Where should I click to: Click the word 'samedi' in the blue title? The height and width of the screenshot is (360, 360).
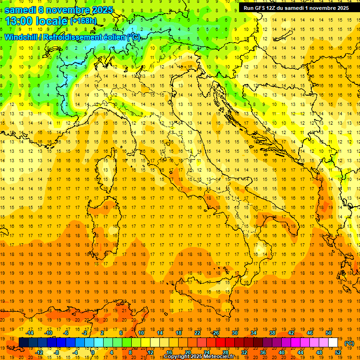pos(20,10)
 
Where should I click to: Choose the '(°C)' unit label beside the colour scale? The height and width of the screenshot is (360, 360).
pos(349,343)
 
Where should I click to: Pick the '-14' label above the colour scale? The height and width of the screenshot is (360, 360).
pos(30,333)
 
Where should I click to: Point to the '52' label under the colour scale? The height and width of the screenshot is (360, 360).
pos(338,352)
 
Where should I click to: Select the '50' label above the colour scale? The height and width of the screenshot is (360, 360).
pos(329,333)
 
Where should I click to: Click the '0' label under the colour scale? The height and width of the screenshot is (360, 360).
pos(93,352)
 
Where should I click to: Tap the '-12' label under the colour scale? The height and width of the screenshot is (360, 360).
pos(39,352)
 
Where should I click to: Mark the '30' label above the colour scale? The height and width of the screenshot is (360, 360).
pos(235,333)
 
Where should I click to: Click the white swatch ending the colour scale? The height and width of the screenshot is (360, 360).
pos(333,343)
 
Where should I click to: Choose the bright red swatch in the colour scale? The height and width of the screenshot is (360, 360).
pos(221,343)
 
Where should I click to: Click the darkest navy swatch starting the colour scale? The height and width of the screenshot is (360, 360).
pos(23,343)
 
